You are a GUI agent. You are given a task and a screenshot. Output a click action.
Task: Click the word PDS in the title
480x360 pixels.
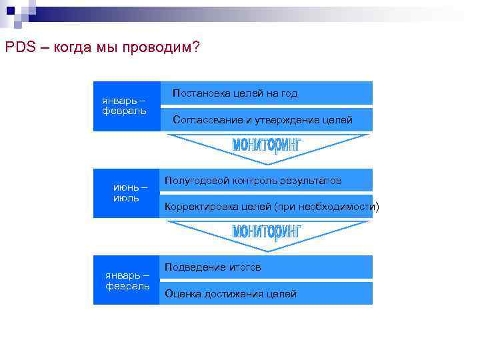coord(17,48)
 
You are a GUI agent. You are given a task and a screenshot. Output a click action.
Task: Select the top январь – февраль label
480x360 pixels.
coord(124,105)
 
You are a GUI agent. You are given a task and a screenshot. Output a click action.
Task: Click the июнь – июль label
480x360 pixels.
coord(127,193)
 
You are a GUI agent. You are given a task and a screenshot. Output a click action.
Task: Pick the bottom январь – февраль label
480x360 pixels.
coord(127,280)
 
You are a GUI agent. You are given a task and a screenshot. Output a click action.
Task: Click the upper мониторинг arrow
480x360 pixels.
coord(267,145)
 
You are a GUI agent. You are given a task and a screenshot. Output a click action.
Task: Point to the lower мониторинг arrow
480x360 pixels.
coord(267,232)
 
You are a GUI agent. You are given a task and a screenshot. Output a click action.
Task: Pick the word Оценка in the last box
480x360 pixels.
coord(181,293)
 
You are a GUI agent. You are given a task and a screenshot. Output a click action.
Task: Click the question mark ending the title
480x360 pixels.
coord(195,48)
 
